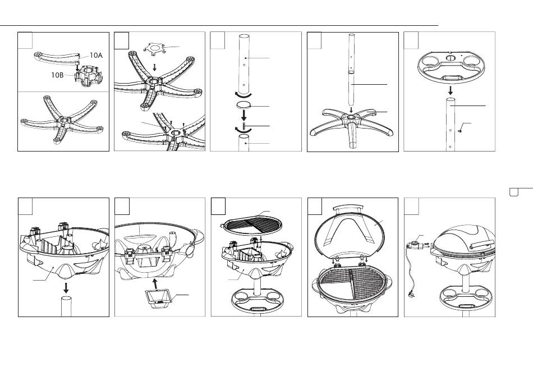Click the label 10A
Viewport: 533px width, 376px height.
96,56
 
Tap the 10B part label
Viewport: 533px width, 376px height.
57,75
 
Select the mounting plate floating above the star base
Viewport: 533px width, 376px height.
155,48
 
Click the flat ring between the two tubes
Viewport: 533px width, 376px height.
243,104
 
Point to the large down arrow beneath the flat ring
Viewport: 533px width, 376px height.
243,115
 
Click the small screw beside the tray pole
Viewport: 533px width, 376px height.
460,131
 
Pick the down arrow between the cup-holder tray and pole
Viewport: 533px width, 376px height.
451,90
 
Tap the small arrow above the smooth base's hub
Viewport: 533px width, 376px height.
351,110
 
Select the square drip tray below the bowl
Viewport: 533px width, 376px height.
158,299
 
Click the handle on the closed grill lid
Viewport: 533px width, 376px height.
483,243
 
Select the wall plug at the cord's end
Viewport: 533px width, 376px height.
409,295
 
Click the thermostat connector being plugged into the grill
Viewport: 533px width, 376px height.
417,245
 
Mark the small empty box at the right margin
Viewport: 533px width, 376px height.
513,192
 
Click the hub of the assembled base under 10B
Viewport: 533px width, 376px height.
63,121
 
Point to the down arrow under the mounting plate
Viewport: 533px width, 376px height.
155,67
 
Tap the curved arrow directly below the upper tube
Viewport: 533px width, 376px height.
243,94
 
